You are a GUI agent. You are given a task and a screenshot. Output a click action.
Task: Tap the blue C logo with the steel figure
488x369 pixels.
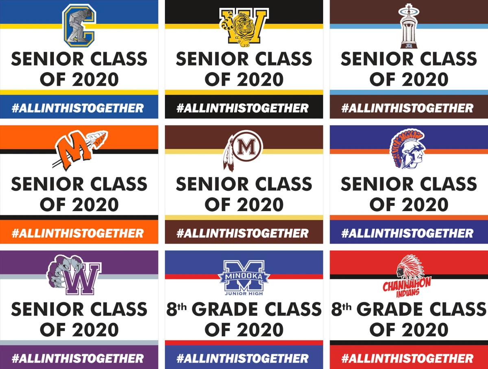pos(79,26)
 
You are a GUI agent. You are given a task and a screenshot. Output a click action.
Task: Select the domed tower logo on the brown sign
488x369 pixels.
pos(409,26)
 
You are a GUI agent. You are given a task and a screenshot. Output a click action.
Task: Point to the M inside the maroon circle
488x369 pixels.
pos(246,147)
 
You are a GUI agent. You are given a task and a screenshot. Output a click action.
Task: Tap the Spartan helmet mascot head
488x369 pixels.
pos(408,148)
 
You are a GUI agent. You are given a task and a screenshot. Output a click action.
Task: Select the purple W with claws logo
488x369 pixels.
pos(74,275)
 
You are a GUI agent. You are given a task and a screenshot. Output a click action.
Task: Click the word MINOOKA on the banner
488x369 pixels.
pos(244,277)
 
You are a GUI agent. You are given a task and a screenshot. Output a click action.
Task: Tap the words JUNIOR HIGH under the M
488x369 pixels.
pos(244,293)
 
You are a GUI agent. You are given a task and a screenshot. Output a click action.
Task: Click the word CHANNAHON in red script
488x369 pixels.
pos(407,284)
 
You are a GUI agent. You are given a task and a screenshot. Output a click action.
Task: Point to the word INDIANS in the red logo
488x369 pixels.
pos(408,293)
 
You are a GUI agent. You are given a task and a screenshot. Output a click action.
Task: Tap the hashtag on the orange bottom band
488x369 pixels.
pos(78,233)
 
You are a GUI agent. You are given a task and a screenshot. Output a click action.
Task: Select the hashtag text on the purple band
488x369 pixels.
pos(78,358)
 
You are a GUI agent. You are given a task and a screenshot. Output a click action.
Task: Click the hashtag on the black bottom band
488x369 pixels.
pos(242,108)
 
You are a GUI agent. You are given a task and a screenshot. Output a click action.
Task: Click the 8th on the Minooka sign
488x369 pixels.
pos(176,309)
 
